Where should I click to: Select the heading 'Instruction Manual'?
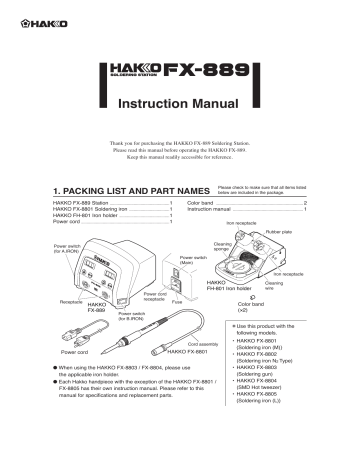tap(180, 105)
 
